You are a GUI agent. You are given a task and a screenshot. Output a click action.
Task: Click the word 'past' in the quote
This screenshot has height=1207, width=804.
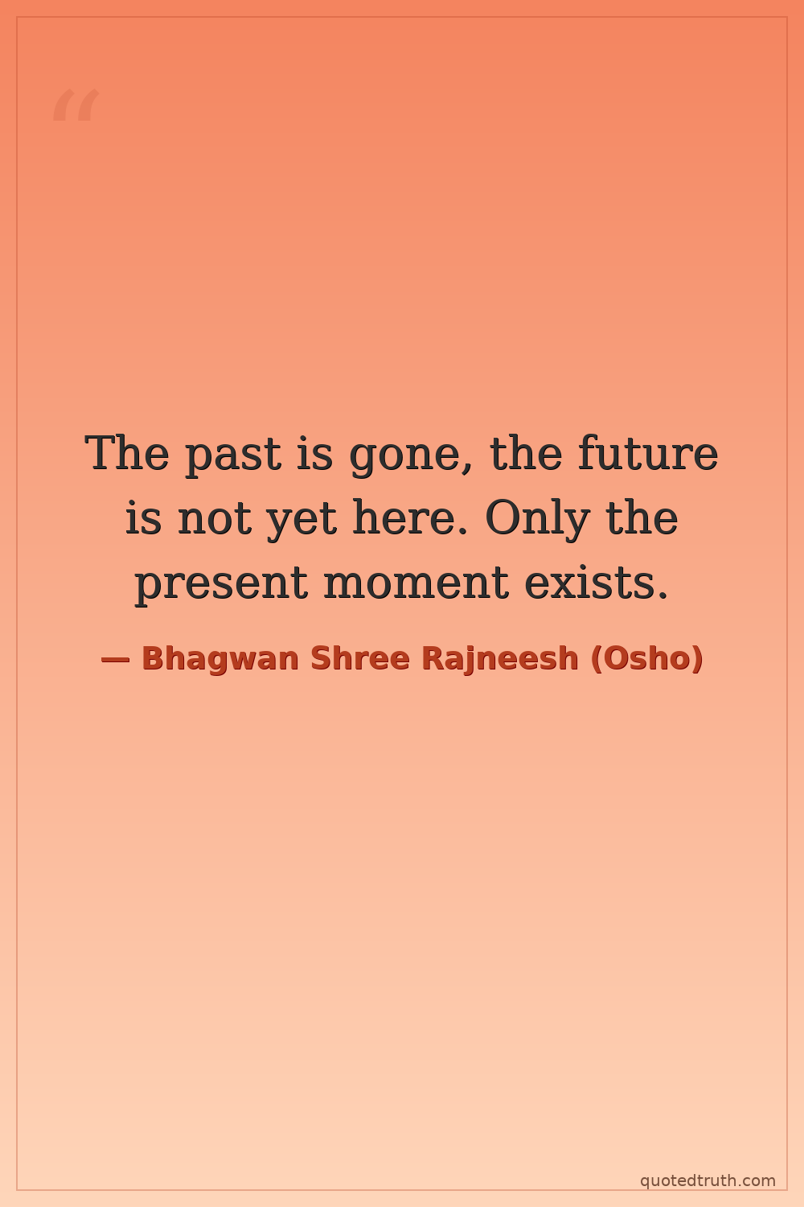pyautogui.click(x=233, y=455)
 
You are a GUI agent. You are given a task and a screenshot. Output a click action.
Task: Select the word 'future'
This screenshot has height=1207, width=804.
pyautogui.click(x=648, y=451)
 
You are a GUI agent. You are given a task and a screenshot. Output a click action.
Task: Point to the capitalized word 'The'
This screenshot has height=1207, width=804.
pyautogui.click(x=126, y=451)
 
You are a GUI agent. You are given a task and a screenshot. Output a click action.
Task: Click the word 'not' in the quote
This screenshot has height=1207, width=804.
pyautogui.click(x=215, y=518)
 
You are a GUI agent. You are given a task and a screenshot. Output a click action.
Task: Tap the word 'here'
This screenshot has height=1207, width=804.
pyautogui.click(x=409, y=517)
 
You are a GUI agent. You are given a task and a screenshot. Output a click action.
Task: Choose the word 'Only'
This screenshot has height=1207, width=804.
pyautogui.click(x=537, y=519)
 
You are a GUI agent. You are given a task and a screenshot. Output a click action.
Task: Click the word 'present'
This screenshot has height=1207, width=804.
pyautogui.click(x=221, y=584)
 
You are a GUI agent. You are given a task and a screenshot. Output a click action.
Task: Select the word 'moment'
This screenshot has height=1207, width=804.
pyautogui.click(x=416, y=582)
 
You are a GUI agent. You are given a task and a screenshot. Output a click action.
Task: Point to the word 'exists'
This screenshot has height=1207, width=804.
pyautogui.click(x=596, y=581)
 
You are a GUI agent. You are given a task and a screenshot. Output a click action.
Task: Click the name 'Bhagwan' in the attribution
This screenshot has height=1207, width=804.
pyautogui.click(x=219, y=659)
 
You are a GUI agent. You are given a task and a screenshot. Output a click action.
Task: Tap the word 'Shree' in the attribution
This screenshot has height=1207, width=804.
pyautogui.click(x=359, y=658)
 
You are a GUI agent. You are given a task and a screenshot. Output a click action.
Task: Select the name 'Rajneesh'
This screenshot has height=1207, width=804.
pyautogui.click(x=500, y=659)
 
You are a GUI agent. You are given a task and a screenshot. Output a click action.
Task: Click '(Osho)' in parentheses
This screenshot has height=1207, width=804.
pyautogui.click(x=646, y=659)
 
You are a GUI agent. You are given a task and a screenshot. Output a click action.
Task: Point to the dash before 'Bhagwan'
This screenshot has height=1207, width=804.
pyautogui.click(x=115, y=660)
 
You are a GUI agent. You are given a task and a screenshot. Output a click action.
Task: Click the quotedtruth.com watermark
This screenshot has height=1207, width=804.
pyautogui.click(x=708, y=1180)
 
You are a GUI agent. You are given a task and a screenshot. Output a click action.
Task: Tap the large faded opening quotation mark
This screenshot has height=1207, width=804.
pyautogui.click(x=76, y=105)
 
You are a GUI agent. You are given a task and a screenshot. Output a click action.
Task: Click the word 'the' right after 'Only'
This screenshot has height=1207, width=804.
pyautogui.click(x=642, y=517)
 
